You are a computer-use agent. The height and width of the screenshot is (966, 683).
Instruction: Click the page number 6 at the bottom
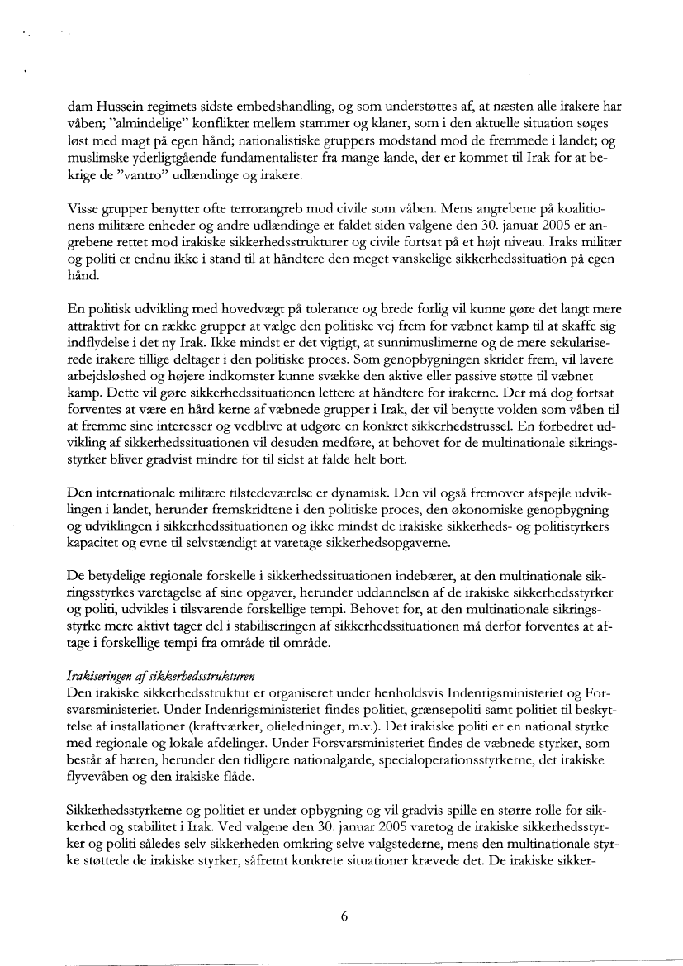click(342, 915)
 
